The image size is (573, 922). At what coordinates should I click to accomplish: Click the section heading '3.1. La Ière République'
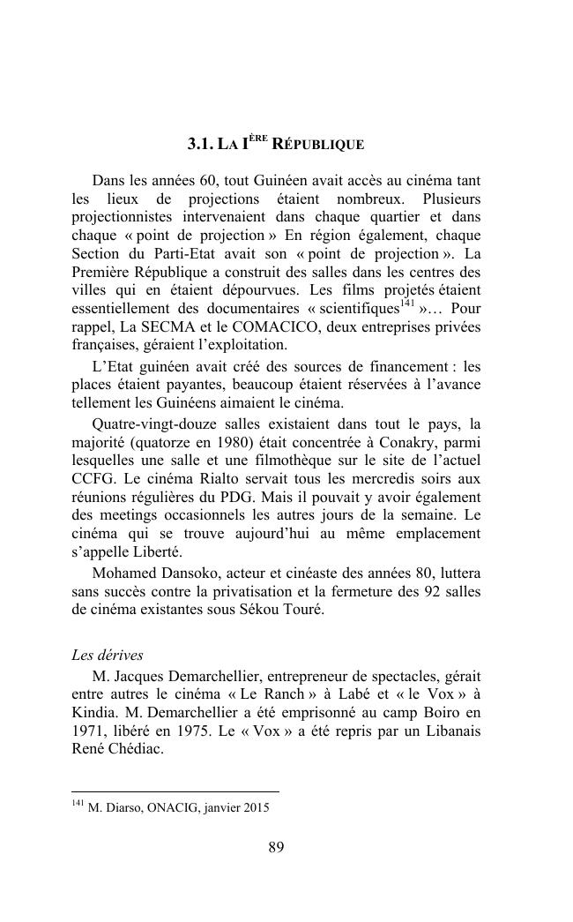[x=275, y=143]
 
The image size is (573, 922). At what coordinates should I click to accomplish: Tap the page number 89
[x=276, y=847]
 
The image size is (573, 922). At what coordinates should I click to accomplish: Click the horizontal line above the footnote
[x=175, y=791]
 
